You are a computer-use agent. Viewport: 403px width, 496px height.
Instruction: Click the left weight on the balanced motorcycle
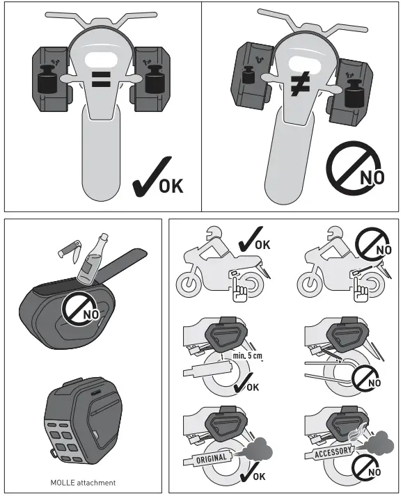click(46, 78)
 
